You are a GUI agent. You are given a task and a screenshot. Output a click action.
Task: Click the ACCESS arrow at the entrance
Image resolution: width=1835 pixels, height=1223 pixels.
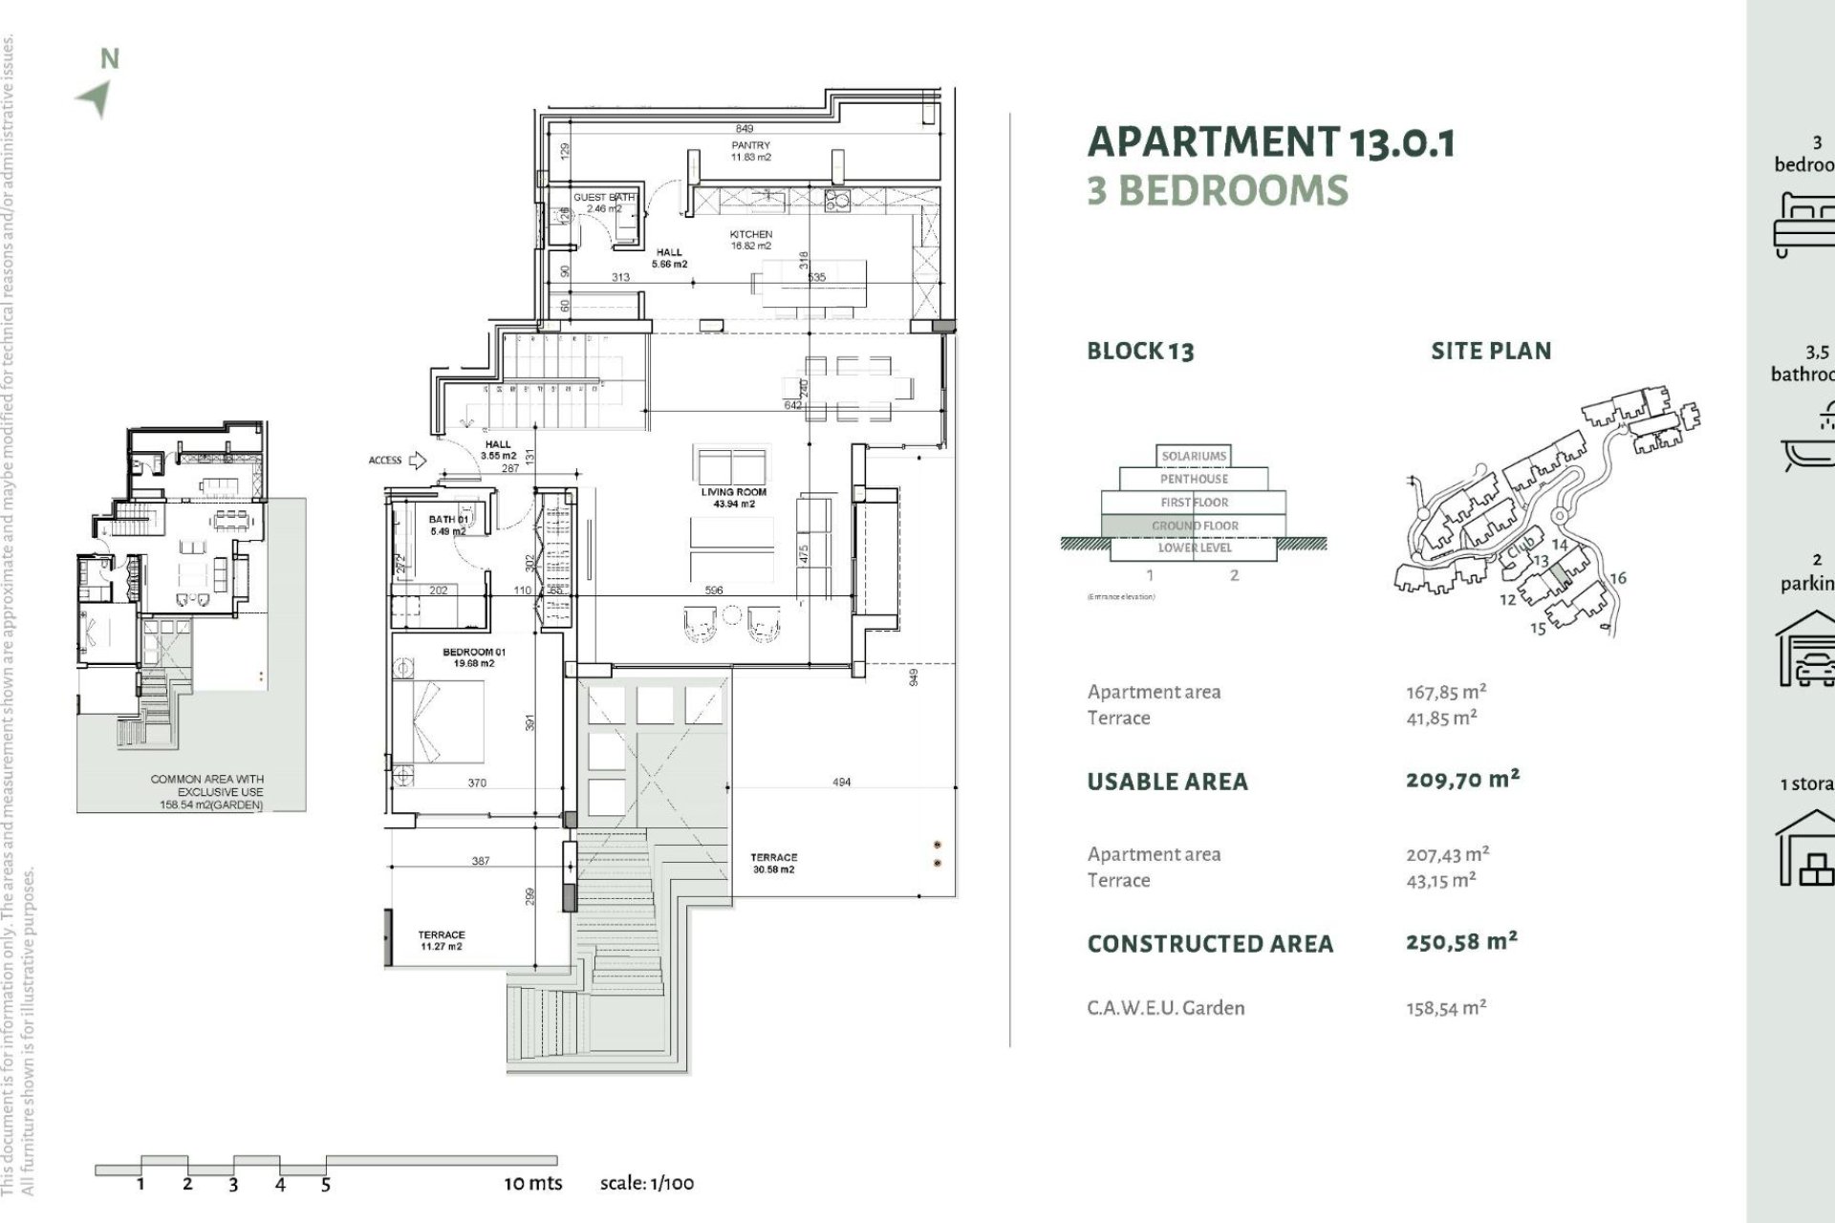point(417,461)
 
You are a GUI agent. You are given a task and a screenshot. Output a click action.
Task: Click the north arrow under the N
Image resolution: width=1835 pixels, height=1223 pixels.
point(96,98)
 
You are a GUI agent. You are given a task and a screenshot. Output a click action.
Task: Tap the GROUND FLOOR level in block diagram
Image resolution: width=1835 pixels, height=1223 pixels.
point(1195,526)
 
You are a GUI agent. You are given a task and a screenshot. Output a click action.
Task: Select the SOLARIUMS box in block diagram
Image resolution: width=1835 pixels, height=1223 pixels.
point(1194,456)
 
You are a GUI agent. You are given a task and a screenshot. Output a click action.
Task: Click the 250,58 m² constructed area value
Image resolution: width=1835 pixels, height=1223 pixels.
point(1461,942)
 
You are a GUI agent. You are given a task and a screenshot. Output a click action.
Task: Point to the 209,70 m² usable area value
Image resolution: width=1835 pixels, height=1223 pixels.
point(1461,780)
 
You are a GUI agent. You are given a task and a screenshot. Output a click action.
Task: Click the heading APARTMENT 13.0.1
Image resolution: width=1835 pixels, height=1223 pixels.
point(1271,142)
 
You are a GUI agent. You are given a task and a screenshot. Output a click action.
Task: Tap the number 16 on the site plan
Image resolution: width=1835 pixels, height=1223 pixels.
point(1617,578)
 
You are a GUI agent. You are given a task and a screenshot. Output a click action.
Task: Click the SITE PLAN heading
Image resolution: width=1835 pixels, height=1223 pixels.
point(1491,351)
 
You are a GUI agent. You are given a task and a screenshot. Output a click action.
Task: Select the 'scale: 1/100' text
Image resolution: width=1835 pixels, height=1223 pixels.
point(647,1183)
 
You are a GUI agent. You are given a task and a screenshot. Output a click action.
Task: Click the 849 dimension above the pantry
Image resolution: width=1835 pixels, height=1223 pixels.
point(744,128)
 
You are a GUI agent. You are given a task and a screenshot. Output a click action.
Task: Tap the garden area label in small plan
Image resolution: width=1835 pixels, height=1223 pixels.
point(206,792)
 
